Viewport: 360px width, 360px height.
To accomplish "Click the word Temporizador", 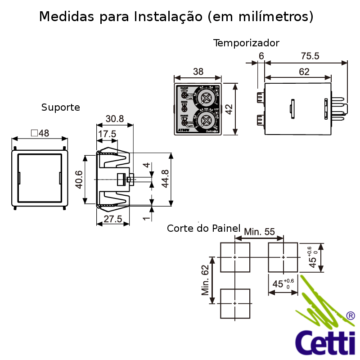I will pyautogui.click(x=246, y=43).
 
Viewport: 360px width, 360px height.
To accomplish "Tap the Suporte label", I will pyautogui.click(x=61, y=108).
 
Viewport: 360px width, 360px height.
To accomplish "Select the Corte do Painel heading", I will pyautogui.click(x=203, y=228).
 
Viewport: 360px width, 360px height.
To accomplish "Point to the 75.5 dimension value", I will pyautogui.click(x=310, y=56).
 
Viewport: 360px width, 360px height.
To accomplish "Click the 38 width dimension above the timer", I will pyautogui.click(x=198, y=72).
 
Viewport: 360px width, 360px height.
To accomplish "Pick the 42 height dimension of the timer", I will pyautogui.click(x=229, y=109).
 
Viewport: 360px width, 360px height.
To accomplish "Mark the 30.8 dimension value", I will pyautogui.click(x=114, y=119).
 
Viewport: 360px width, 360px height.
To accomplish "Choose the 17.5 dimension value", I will pyautogui.click(x=107, y=134).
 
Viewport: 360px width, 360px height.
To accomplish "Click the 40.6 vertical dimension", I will pyautogui.click(x=79, y=180).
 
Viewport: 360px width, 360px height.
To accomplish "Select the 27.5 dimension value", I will pyautogui.click(x=113, y=219).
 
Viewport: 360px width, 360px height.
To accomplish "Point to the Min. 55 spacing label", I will pyautogui.click(x=259, y=232).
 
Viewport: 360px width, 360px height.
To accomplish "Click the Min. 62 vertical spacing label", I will pyautogui.click(x=206, y=280).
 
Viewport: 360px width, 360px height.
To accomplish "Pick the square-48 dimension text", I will pyautogui.click(x=40, y=133).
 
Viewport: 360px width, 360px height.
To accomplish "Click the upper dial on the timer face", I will pyautogui.click(x=207, y=97).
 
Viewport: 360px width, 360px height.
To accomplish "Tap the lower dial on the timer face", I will pyautogui.click(x=207, y=120).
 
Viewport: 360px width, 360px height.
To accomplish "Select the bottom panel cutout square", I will pyautogui.click(x=235, y=303).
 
